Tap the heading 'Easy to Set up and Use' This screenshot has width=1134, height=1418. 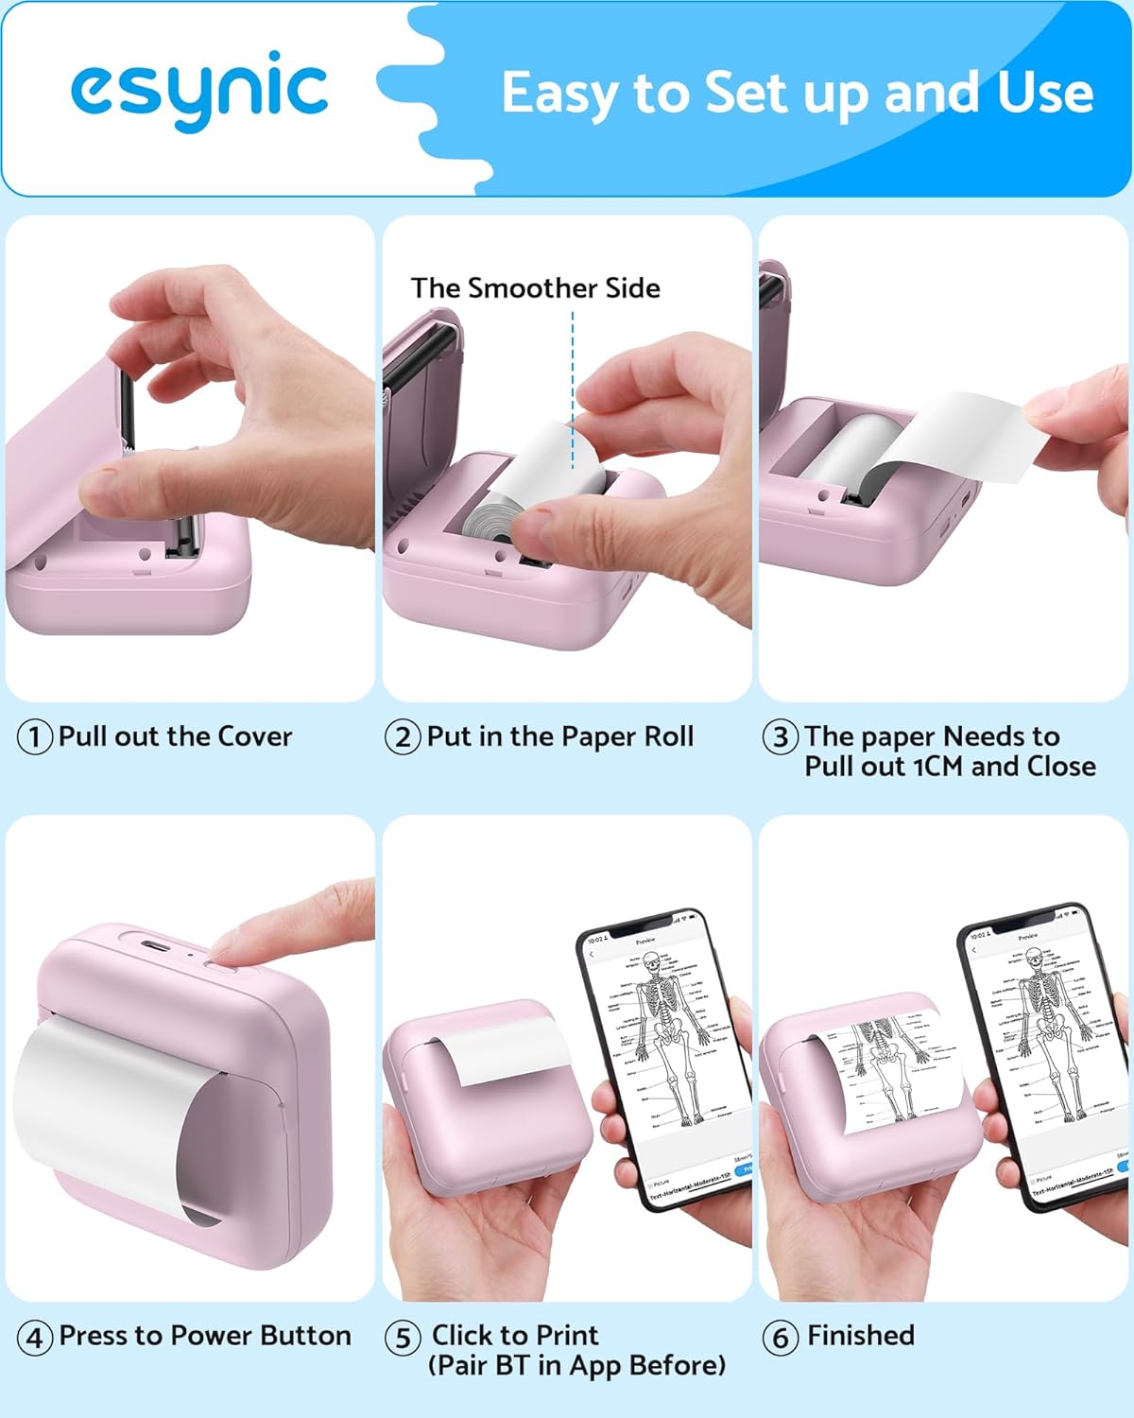(797, 93)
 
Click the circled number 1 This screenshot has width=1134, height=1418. (35, 736)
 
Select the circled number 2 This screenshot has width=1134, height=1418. (403, 736)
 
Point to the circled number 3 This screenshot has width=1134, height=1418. (781, 736)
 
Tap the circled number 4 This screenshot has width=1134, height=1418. (35, 1337)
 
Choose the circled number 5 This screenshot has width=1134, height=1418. (403, 1337)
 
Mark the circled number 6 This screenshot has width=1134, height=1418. (781, 1337)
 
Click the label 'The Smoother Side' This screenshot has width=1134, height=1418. (535, 287)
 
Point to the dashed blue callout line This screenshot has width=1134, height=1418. (573, 388)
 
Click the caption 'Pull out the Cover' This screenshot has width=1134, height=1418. (175, 735)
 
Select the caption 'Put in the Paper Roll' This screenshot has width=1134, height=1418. (559, 735)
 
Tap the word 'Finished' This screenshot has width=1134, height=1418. (861, 1335)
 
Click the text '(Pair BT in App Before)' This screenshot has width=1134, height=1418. (576, 1365)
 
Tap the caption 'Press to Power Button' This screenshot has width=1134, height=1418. (204, 1335)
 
